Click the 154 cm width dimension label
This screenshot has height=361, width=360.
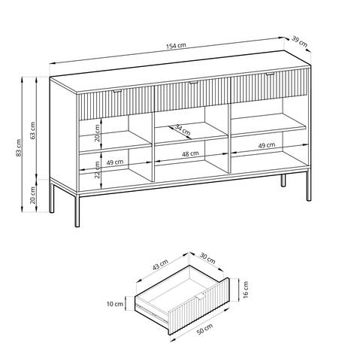(176, 46)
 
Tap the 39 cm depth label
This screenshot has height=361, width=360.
(299, 41)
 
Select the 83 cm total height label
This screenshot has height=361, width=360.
(19, 148)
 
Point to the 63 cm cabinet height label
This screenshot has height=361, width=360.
(32, 130)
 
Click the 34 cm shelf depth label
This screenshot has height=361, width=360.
(183, 130)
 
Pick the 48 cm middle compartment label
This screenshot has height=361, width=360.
(190, 153)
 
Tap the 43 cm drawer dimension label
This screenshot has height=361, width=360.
(160, 265)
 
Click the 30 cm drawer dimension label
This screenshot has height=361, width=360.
(207, 259)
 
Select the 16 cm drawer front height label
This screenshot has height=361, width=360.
(246, 290)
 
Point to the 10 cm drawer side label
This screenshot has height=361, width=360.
(115, 304)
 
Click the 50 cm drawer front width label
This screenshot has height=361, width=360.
(205, 329)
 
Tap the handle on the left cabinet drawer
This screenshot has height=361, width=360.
(117, 91)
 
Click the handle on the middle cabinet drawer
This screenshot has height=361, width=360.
(194, 83)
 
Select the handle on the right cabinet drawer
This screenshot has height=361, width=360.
(270, 74)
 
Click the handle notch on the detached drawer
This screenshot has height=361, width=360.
(201, 297)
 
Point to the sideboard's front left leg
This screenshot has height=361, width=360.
(77, 211)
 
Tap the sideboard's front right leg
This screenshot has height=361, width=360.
(309, 187)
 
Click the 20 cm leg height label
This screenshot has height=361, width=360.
(32, 196)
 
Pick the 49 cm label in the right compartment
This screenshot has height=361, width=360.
(267, 145)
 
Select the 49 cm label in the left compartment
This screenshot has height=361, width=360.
(115, 162)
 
